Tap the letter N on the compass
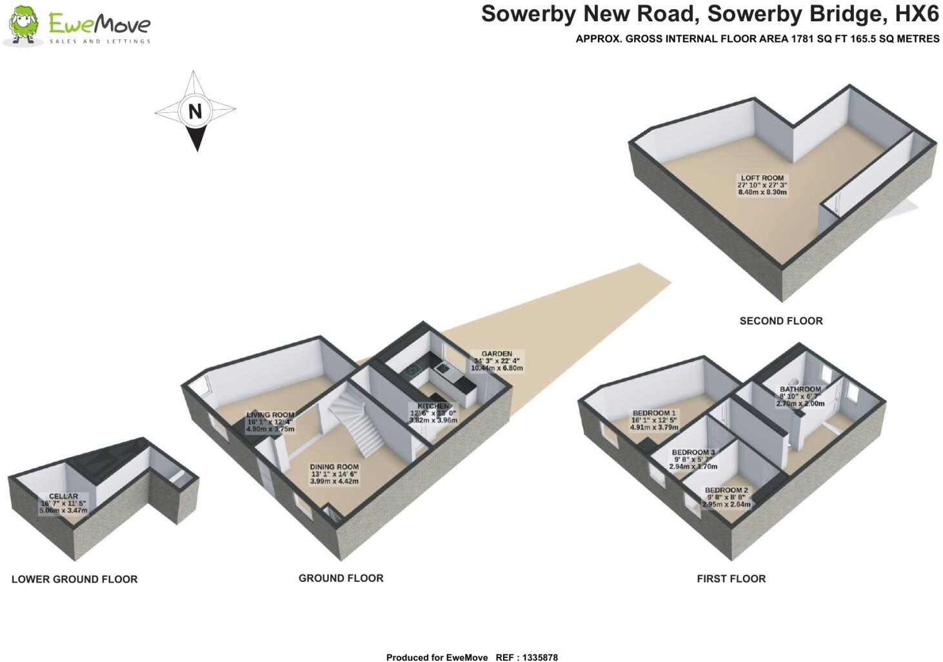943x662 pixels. (x=195, y=112)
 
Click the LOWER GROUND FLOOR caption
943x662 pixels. (x=74, y=579)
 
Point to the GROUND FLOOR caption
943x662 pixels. (x=341, y=578)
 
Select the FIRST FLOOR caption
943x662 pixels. (x=731, y=579)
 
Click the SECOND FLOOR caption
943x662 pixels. (x=780, y=321)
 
